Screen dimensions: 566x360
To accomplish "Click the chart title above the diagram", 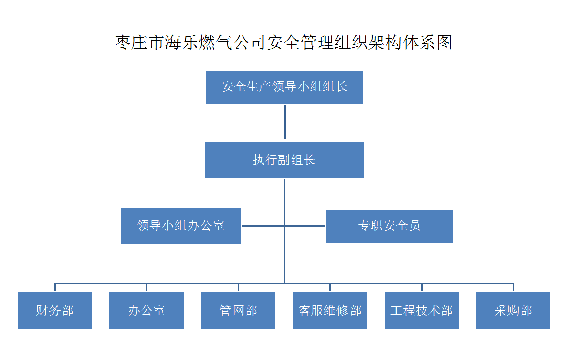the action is pos(284,42).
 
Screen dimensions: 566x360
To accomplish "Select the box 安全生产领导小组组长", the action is pos(285,87).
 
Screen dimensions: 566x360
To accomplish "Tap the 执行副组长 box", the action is pos(284,160).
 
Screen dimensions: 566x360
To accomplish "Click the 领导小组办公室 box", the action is pos(181,226).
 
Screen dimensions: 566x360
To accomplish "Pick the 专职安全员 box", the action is pos(389,226).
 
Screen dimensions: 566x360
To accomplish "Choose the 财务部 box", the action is pos(55,310).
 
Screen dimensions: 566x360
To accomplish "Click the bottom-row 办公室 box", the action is pos(147,310).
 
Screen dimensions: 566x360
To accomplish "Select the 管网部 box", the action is pos(238,310).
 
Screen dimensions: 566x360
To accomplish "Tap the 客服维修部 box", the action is pos(330,310).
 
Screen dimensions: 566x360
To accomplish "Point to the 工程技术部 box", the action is pos(422,310).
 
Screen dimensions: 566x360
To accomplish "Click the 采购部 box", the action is pos(514,310).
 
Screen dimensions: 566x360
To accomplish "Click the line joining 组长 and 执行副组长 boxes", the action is pos(285,122).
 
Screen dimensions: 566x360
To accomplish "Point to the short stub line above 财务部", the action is pos(55,287).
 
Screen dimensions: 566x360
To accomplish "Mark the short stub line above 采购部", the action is pos(513,287).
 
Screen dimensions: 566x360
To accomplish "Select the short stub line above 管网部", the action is pos(238,287).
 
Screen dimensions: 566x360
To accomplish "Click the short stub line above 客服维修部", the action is pos(330,287).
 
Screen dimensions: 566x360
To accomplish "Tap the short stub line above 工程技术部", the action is pos(422,287).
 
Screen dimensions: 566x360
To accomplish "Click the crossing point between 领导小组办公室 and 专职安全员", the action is pos(285,226).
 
